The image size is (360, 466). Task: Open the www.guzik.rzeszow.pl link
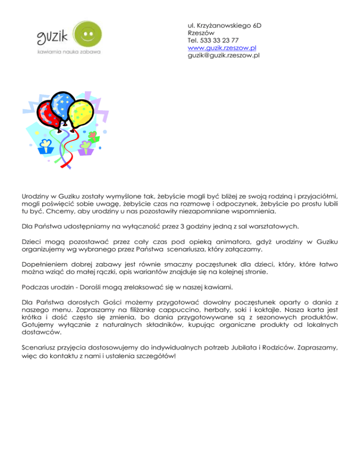tap(221, 48)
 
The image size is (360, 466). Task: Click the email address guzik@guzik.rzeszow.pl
tap(224, 56)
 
